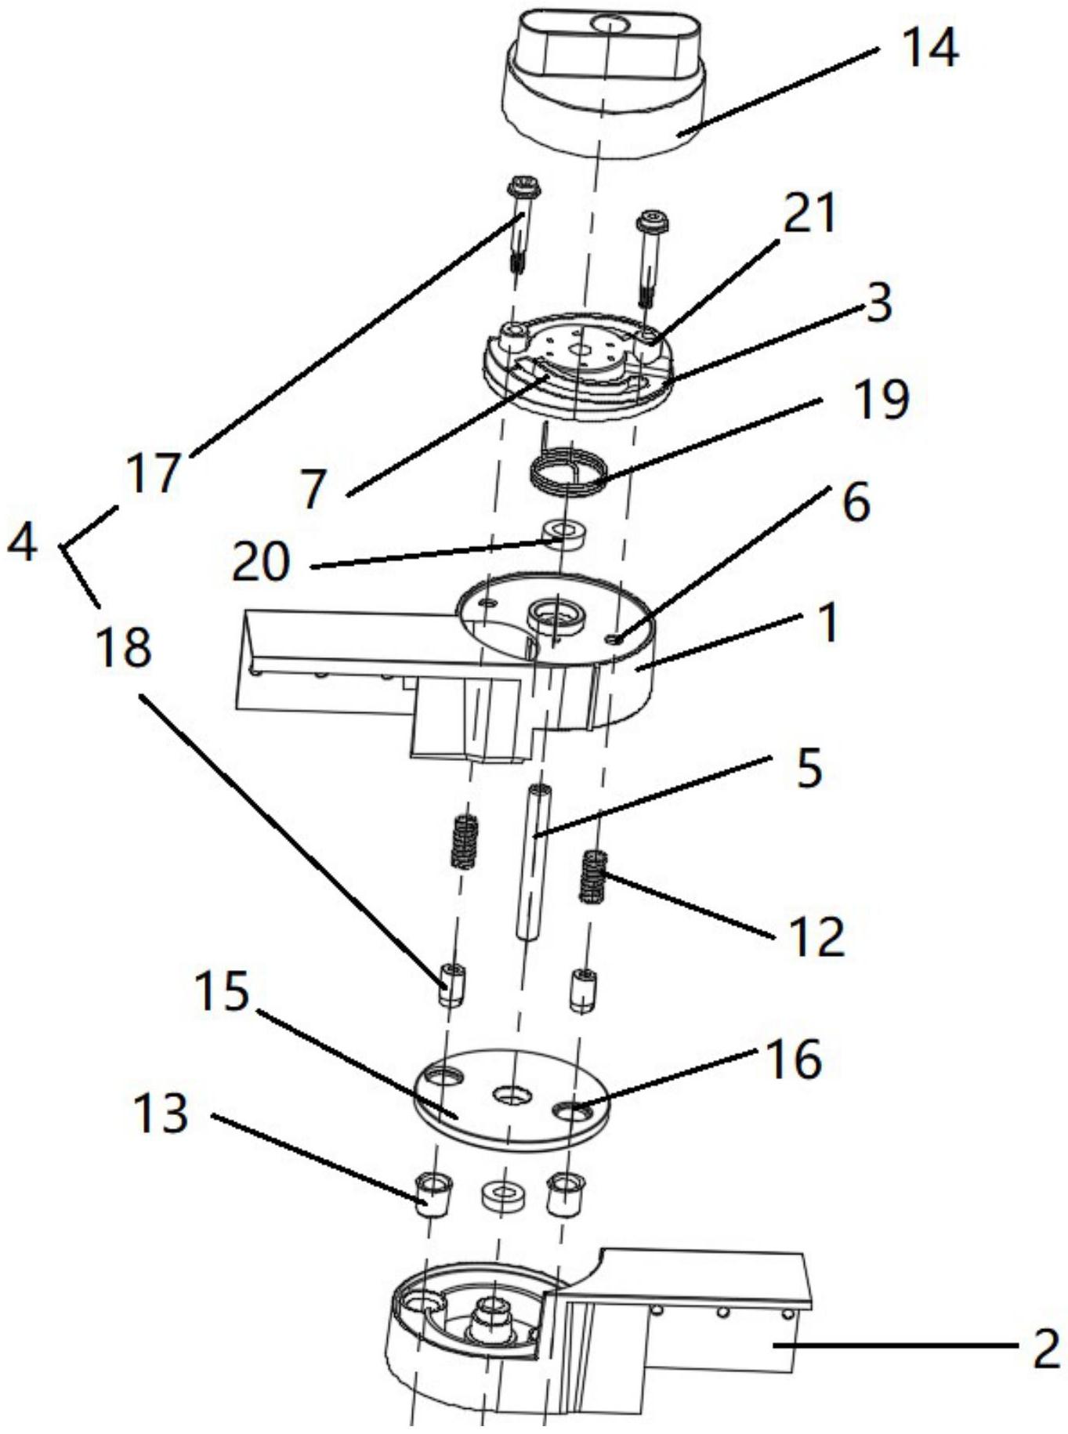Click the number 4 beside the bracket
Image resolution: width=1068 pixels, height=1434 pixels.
[x=21, y=541]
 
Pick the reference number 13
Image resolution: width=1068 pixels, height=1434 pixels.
[x=161, y=1113]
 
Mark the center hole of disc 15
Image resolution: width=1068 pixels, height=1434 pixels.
[x=510, y=1094]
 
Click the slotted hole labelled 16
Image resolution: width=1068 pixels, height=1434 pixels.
[x=570, y=1109]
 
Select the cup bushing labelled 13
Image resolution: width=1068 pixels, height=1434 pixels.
[x=433, y=1194]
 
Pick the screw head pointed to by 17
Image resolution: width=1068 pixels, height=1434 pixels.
[x=524, y=187]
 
